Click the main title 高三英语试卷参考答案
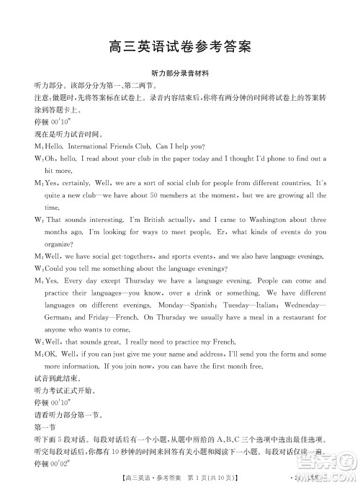point(180,48)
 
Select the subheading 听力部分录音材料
point(180,74)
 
